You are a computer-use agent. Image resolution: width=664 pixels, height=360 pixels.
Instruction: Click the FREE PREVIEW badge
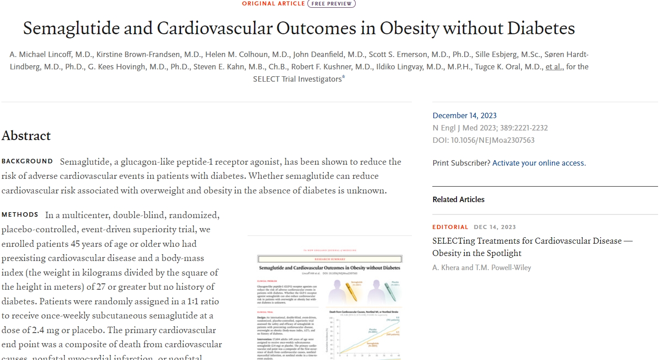click(332, 4)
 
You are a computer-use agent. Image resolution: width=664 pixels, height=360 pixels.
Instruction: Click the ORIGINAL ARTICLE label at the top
click(274, 4)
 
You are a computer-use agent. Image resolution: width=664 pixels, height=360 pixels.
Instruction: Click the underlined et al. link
click(554, 67)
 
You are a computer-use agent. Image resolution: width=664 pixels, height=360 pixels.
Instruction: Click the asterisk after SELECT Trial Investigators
click(343, 78)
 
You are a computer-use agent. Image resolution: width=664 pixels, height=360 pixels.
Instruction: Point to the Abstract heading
click(26, 136)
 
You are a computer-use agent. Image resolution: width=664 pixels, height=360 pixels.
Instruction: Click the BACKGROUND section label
click(27, 162)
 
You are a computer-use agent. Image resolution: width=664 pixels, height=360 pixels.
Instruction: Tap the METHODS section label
click(20, 214)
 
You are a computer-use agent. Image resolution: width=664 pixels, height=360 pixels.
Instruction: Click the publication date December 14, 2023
click(465, 115)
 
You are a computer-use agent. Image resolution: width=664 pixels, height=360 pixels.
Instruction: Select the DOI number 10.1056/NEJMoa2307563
click(493, 140)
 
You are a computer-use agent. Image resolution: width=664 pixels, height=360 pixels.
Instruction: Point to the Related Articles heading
click(458, 199)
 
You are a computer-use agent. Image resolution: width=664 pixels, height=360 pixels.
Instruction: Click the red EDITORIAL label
click(450, 227)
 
